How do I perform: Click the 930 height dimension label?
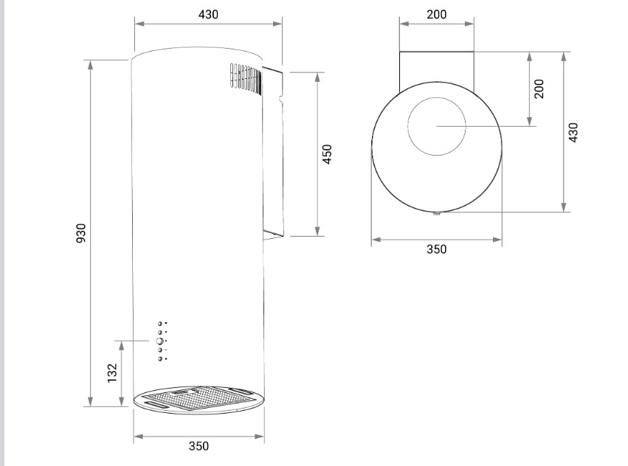pyautogui.click(x=81, y=233)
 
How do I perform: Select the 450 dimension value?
pyautogui.click(x=327, y=154)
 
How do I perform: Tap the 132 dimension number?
pyautogui.click(x=113, y=372)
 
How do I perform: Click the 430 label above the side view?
pyautogui.click(x=208, y=15)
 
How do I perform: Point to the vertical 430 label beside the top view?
pyautogui.click(x=573, y=132)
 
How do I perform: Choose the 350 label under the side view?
pyautogui.click(x=199, y=445)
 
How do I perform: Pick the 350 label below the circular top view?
pyautogui.click(x=437, y=249)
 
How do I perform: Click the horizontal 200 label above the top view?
pyautogui.click(x=437, y=15)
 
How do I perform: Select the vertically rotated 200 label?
pyautogui.click(x=539, y=88)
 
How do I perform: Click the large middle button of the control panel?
pyautogui.click(x=160, y=341)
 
